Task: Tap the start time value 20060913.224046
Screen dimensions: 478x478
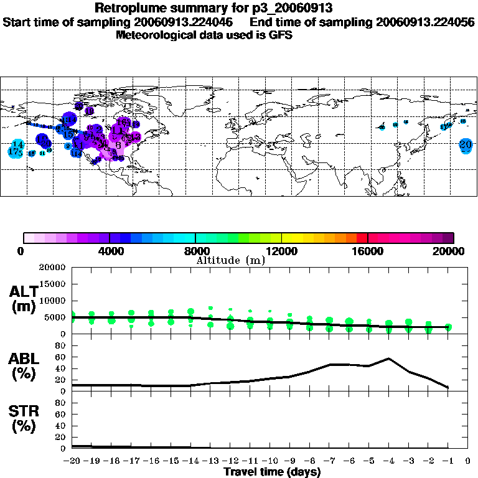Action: [x=200, y=22]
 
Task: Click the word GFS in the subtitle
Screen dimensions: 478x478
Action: [x=281, y=35]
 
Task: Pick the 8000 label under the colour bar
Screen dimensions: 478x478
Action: [x=195, y=251]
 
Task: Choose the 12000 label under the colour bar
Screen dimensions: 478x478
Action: [x=281, y=251]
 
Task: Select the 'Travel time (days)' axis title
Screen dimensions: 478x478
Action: [x=272, y=472]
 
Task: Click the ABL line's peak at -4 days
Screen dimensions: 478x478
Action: [x=388, y=358]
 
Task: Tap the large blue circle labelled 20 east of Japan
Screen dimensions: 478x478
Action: [x=466, y=145]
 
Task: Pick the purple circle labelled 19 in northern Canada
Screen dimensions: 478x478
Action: [x=89, y=111]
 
